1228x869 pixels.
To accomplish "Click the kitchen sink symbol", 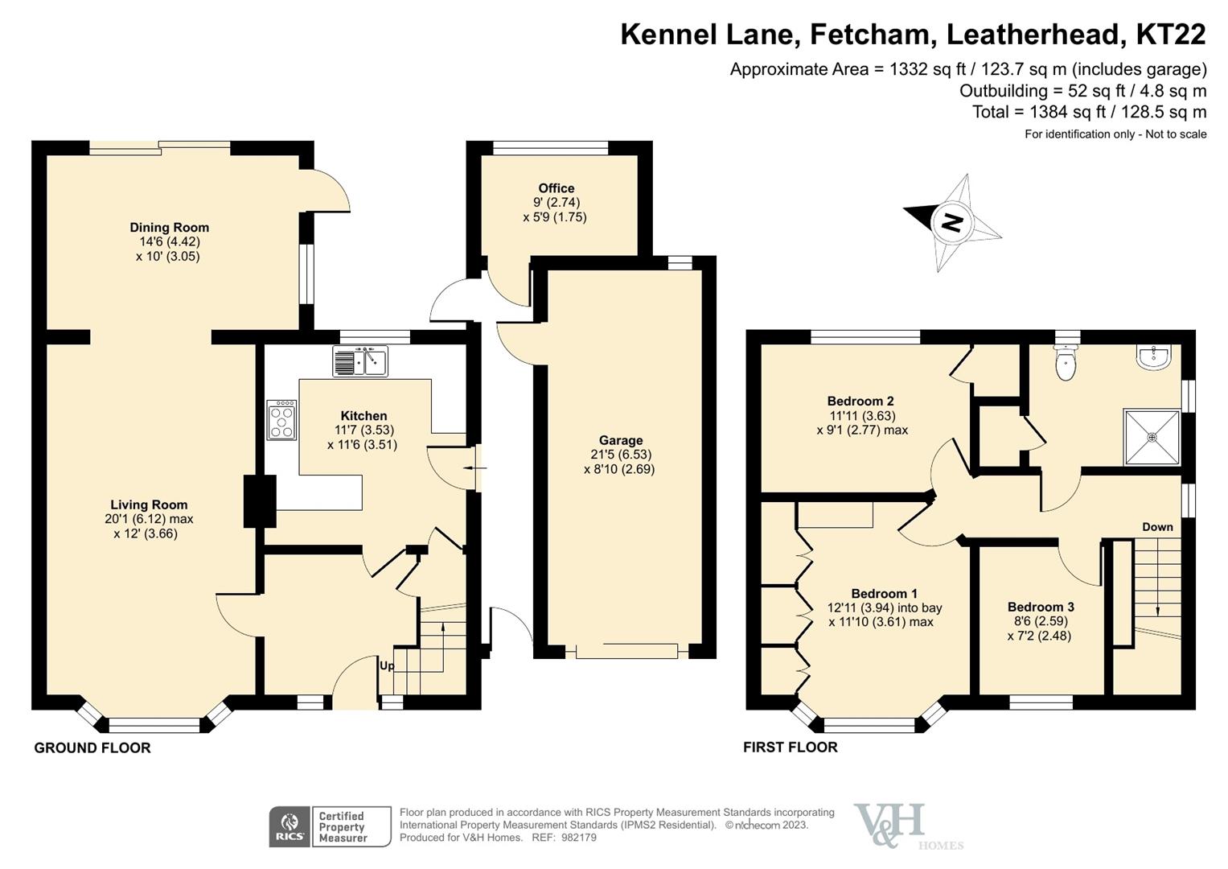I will point(359,361).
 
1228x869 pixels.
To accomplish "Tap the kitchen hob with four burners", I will point(281,420).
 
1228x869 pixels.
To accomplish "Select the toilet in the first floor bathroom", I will point(1066,364).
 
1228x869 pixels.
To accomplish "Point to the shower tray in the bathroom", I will point(1152,438).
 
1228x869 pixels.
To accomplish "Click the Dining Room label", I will point(169,228).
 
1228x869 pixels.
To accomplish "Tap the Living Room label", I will point(149,505).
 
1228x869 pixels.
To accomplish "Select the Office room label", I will point(556,188).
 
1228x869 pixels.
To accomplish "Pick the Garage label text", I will point(620,440).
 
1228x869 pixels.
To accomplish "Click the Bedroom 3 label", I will point(1041,607).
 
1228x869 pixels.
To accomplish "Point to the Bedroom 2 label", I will point(860,401).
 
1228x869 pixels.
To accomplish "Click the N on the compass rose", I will point(952,222).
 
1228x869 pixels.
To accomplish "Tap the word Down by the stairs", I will point(1157,527).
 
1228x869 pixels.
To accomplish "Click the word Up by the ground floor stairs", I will point(387,666).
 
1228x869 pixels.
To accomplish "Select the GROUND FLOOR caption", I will point(92,748).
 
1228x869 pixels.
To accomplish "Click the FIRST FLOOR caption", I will point(790,748).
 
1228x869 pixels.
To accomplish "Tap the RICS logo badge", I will point(289,826).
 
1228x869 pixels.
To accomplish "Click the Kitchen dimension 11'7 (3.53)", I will point(363,430).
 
